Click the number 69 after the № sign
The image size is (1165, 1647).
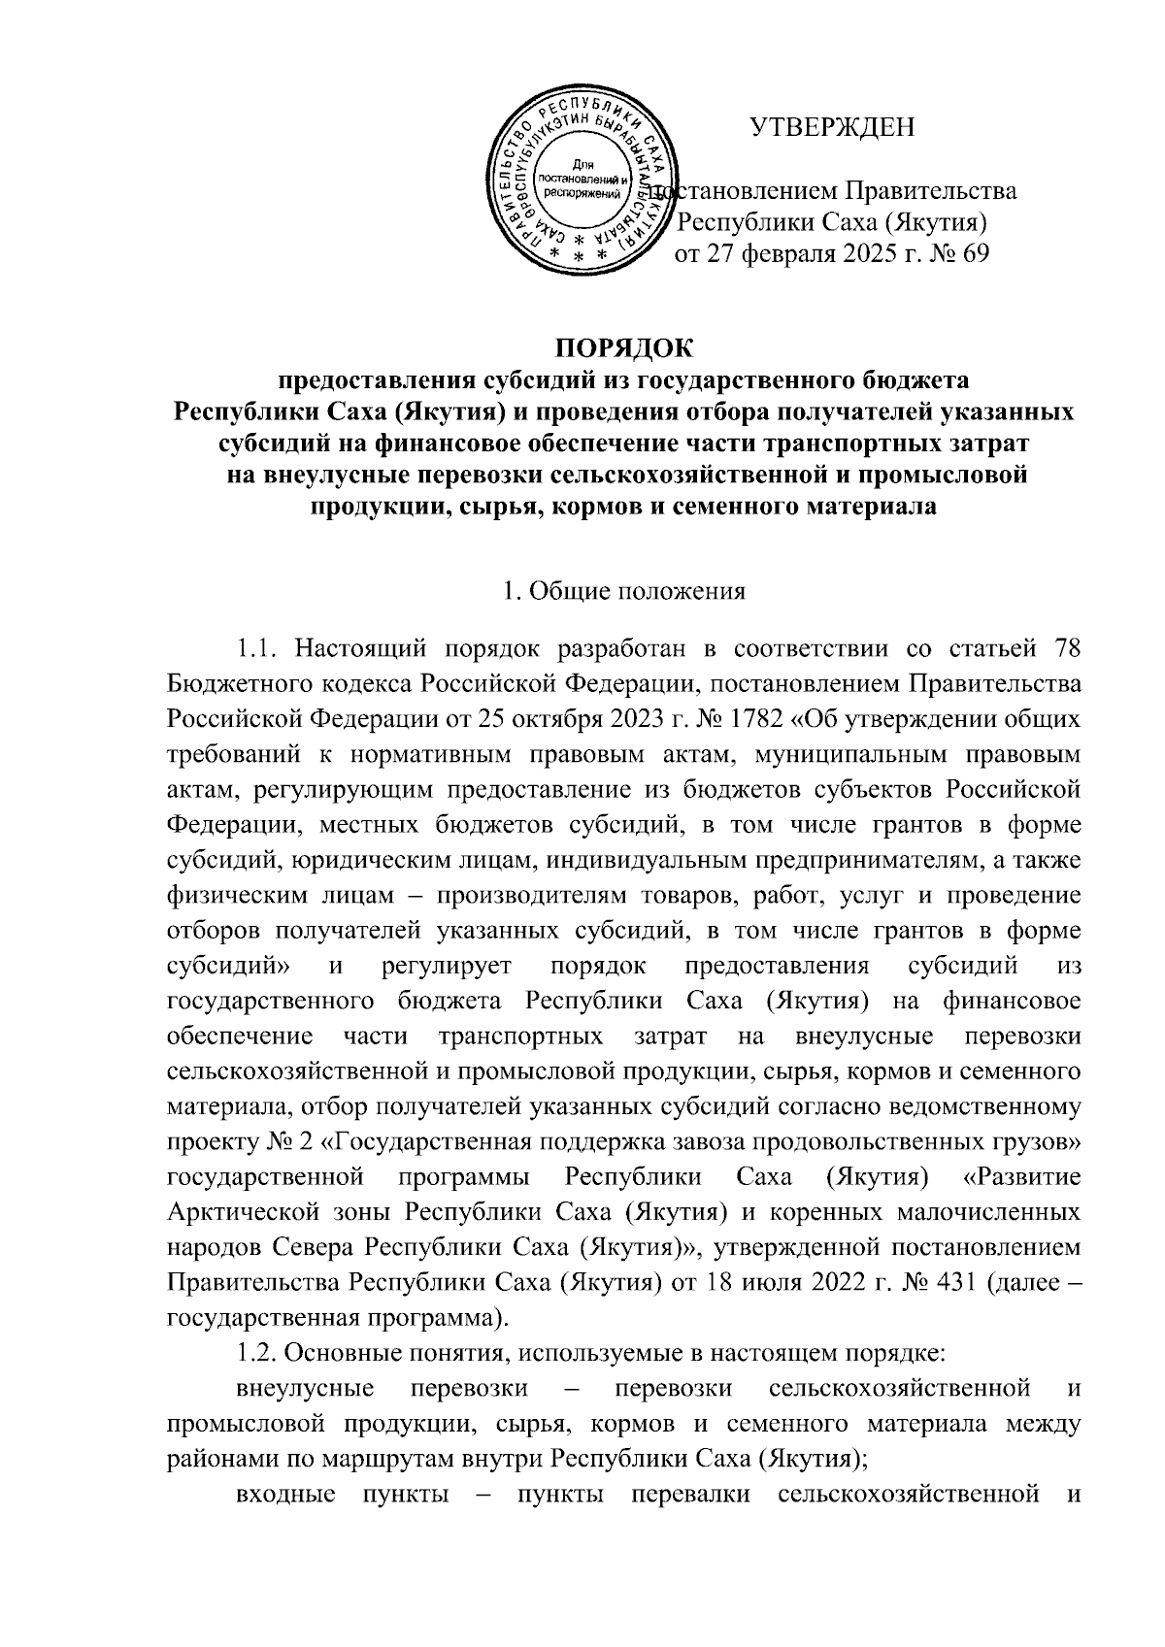pos(970,255)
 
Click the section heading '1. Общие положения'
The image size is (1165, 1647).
pos(622,591)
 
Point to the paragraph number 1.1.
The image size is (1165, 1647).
pos(257,646)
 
